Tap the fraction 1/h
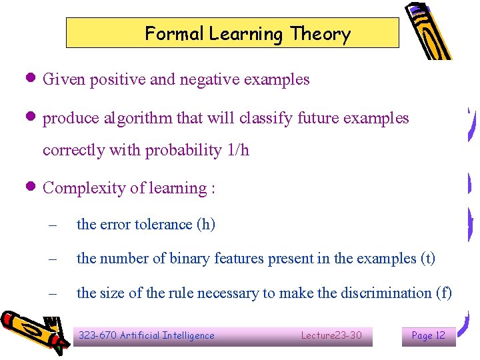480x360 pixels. pyautogui.click(x=238, y=150)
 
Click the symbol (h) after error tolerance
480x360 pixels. pyautogui.click(x=205, y=224)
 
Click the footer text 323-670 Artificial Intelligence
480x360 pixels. pyautogui.click(x=147, y=335)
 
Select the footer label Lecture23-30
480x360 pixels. pyautogui.click(x=331, y=335)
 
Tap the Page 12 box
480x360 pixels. pyautogui.click(x=429, y=335)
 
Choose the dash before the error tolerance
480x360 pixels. pyautogui.click(x=53, y=225)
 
